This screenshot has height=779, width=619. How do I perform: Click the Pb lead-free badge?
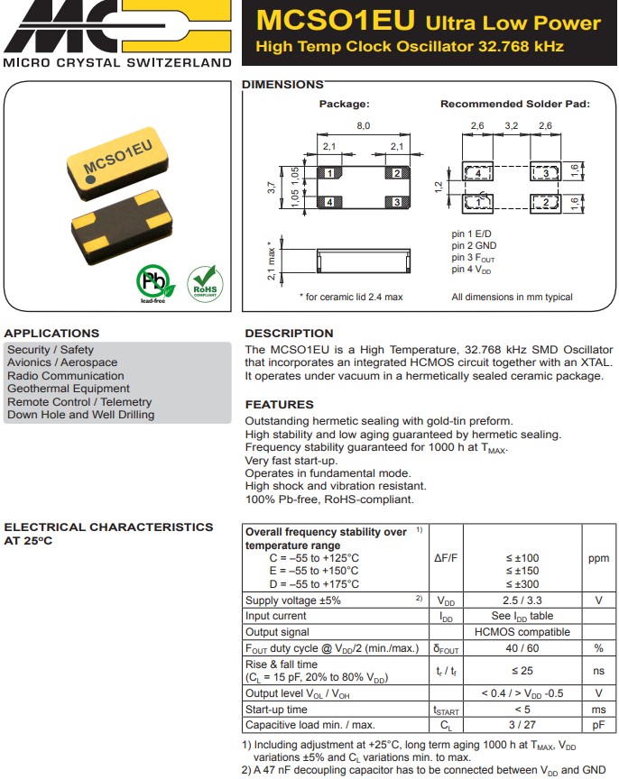[154, 283]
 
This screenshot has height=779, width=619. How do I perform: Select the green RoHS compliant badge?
[203, 283]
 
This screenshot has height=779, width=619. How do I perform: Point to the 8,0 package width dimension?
[363, 126]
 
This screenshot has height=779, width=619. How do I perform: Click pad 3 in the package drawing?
[396, 202]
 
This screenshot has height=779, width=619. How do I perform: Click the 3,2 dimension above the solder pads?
[511, 126]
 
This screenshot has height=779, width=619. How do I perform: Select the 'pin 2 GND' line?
[473, 246]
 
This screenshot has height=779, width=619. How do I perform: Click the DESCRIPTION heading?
[289, 334]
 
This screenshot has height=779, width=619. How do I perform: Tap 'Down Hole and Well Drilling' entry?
[80, 415]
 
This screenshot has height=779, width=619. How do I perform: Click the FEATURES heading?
[280, 405]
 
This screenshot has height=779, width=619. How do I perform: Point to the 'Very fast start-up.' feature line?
[292, 460]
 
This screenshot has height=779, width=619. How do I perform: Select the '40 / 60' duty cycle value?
[522, 648]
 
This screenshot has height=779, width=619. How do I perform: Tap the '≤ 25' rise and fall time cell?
[522, 670]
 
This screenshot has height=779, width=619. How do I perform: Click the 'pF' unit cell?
[598, 725]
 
